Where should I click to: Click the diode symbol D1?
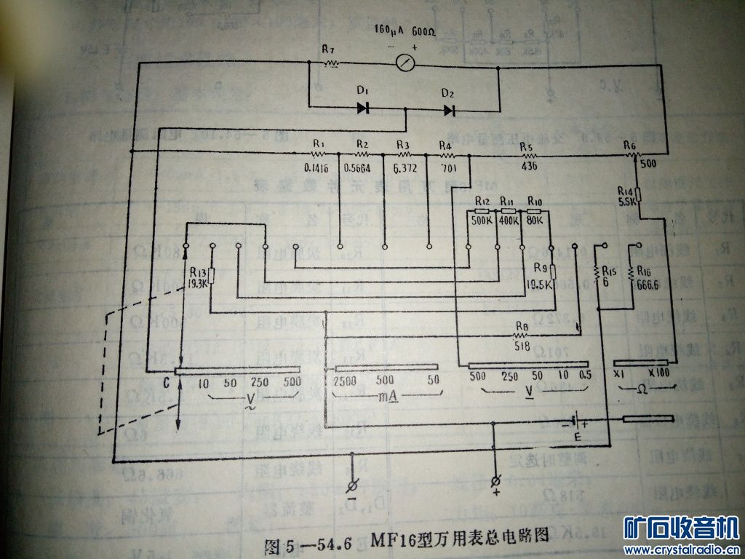(x=363, y=108)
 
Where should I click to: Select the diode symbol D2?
(x=450, y=110)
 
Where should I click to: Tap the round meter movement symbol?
(x=405, y=64)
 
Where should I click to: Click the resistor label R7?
(x=328, y=49)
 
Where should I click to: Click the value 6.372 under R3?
(x=404, y=167)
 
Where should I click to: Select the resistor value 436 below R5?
(x=529, y=167)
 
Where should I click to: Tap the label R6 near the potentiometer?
(x=630, y=146)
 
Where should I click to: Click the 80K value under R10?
(x=535, y=221)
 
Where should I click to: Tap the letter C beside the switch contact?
(x=167, y=381)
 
